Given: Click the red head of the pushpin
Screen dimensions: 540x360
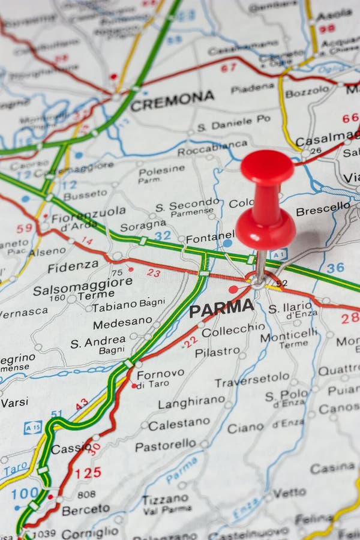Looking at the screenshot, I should click(x=267, y=167).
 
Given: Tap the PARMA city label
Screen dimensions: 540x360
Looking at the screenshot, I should click(x=221, y=308).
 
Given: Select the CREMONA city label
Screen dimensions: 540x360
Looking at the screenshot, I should click(x=172, y=100).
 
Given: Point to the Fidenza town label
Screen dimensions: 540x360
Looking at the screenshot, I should click(x=73, y=266).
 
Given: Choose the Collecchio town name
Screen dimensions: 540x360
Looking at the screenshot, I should click(x=233, y=330).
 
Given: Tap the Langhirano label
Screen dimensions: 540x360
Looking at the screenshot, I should click(x=191, y=403).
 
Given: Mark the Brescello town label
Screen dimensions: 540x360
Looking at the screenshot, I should click(x=323, y=209).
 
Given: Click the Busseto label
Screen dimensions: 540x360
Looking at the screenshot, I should click(x=85, y=195).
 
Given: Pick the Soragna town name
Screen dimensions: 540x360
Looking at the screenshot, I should click(x=143, y=226).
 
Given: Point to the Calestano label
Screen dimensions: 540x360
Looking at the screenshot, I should click(x=179, y=425).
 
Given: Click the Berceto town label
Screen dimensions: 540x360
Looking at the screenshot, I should click(x=86, y=510).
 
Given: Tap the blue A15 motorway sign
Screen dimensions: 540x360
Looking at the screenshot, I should click(x=32, y=427).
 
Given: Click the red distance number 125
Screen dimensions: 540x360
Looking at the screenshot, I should click(x=88, y=473).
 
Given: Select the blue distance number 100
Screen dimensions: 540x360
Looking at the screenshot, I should click(x=25, y=494).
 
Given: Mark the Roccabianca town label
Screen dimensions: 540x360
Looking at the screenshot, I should click(x=212, y=145).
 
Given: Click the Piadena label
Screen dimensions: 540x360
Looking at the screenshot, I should click(x=253, y=88).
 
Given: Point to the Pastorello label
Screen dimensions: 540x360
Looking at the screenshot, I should click(x=166, y=446).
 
